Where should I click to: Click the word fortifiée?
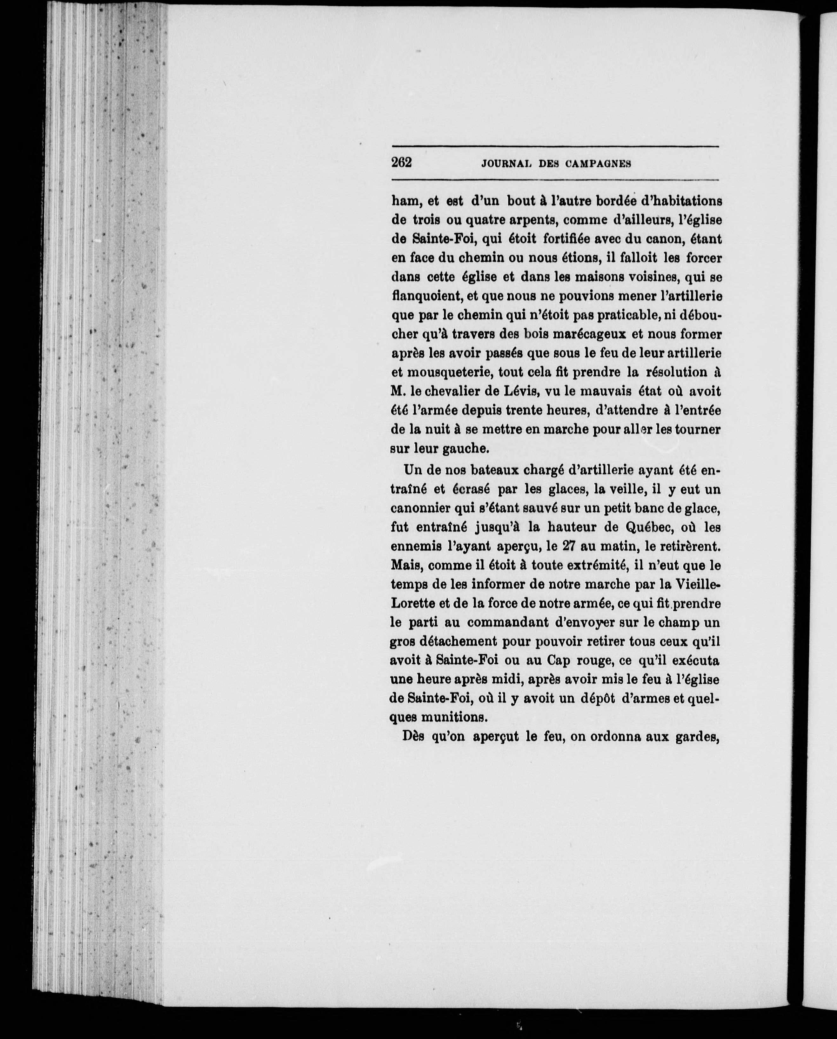(558, 239)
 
